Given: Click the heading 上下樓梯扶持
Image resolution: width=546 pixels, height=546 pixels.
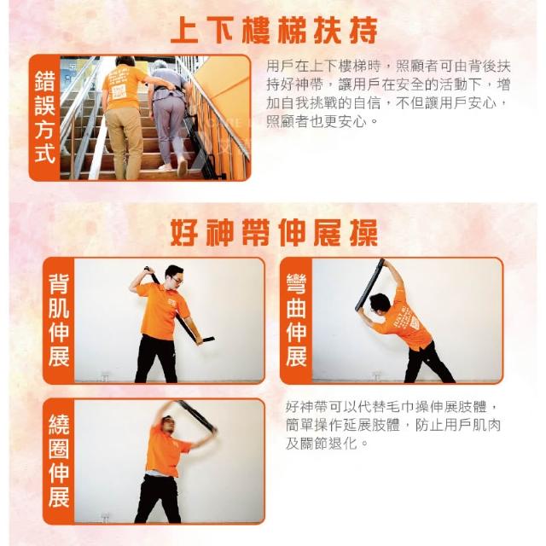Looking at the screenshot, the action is pyautogui.click(x=274, y=31).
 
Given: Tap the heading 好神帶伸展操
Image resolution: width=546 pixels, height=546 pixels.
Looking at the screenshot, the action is pyautogui.click(x=274, y=233).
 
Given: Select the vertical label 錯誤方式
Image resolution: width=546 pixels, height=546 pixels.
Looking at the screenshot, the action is pyautogui.click(x=45, y=118).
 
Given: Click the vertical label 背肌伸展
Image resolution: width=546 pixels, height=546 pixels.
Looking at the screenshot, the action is pyautogui.click(x=59, y=320).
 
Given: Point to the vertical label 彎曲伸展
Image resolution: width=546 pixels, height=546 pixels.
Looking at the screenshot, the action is pyautogui.click(x=296, y=320).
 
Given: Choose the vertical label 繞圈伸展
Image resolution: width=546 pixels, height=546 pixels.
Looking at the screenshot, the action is pyautogui.click(x=59, y=461).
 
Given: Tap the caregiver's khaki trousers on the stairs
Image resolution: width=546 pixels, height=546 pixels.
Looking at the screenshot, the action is pyautogui.click(x=125, y=142).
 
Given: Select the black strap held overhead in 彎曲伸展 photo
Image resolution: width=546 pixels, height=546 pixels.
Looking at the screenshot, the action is pyautogui.click(x=369, y=285).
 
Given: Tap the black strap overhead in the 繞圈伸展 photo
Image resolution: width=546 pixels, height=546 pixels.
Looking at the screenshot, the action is pyautogui.click(x=197, y=415).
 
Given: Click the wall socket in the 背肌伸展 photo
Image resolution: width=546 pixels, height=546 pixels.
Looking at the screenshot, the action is pyautogui.click(x=105, y=376).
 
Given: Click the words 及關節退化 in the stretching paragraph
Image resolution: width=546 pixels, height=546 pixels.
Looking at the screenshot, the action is pyautogui.click(x=321, y=444).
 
